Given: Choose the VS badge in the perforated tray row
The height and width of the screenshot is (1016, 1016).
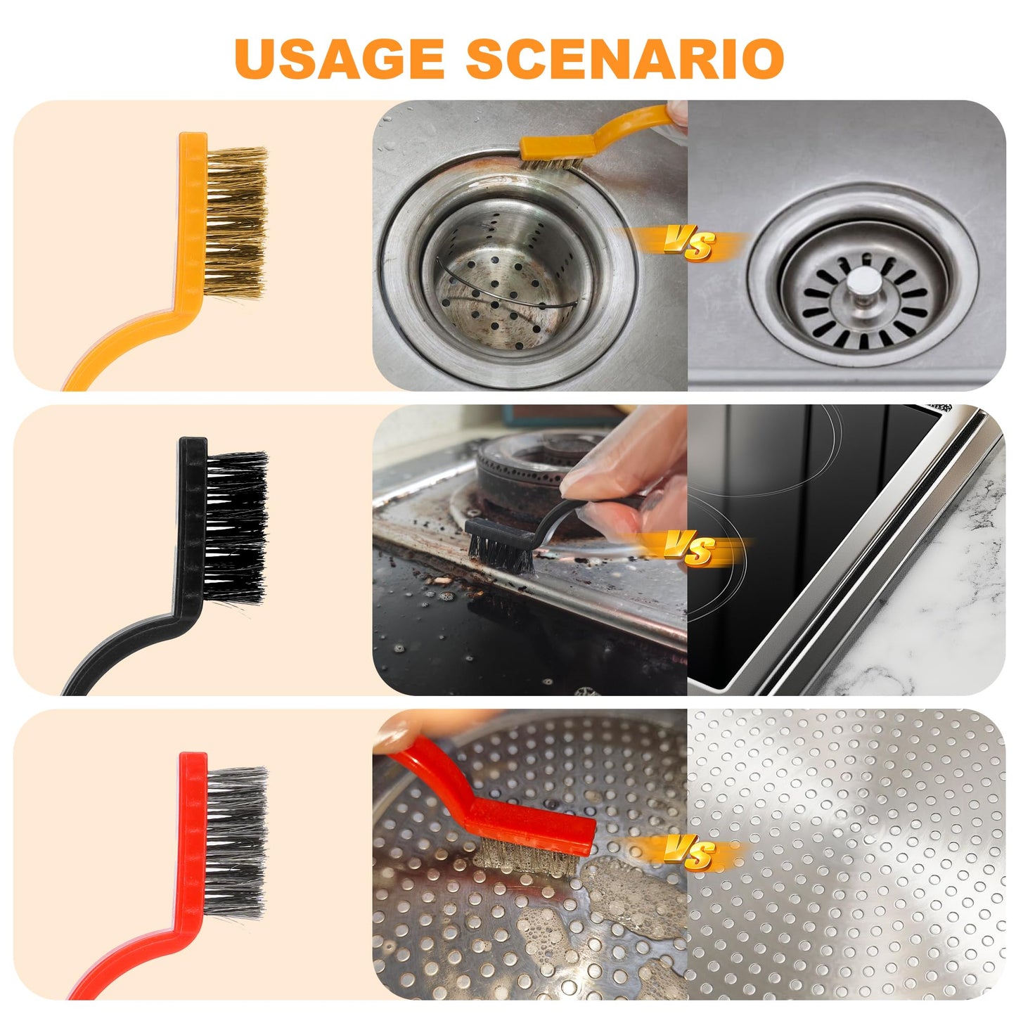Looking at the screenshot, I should click(690, 853).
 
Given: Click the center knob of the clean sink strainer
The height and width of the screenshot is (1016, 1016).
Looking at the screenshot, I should click(863, 283).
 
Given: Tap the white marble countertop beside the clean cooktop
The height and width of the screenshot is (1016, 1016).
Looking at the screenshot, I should click(949, 598).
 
